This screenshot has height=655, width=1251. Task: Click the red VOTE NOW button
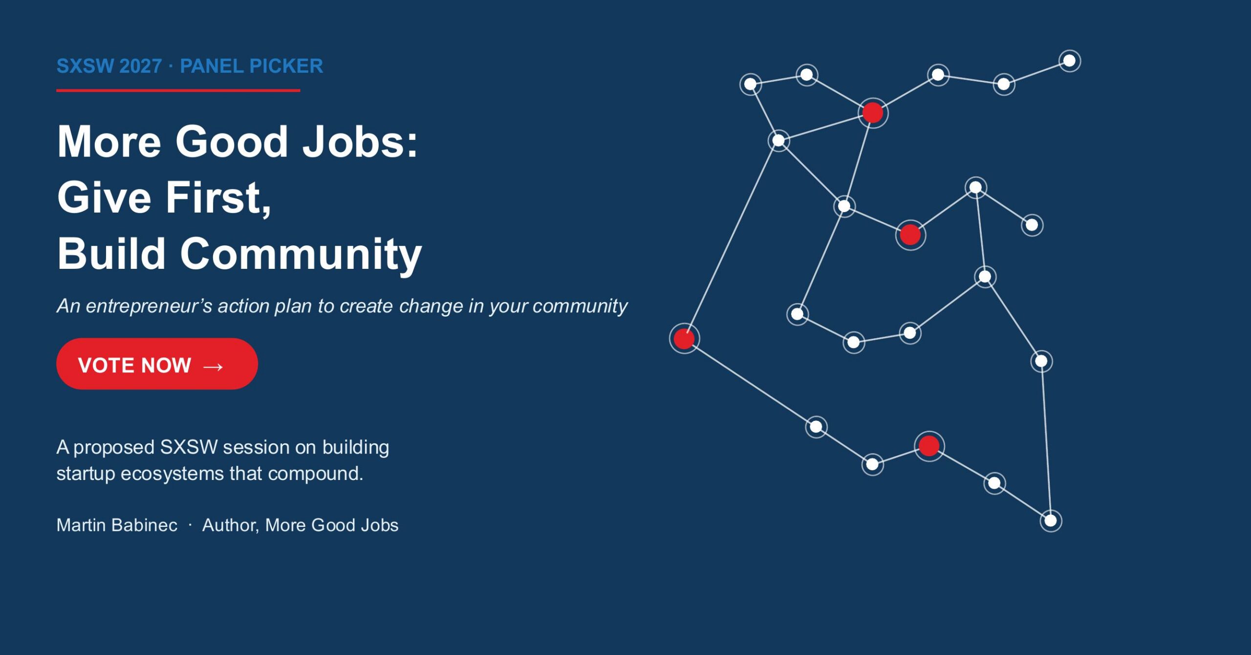click(157, 364)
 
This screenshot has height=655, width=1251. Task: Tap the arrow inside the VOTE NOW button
click(213, 367)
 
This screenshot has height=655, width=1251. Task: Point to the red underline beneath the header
click(178, 90)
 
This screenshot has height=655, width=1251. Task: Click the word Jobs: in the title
click(360, 141)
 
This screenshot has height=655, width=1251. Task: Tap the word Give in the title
click(104, 197)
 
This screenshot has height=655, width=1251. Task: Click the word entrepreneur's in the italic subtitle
click(149, 306)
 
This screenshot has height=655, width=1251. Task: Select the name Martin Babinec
click(117, 525)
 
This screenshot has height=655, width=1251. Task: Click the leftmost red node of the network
click(684, 338)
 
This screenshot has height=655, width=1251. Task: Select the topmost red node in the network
click(873, 113)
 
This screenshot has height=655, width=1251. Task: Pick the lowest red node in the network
click(929, 446)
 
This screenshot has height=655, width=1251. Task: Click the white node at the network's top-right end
click(1070, 61)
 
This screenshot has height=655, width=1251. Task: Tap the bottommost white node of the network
click(1051, 521)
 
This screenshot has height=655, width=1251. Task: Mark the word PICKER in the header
click(286, 66)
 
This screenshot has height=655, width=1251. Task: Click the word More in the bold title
click(109, 141)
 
